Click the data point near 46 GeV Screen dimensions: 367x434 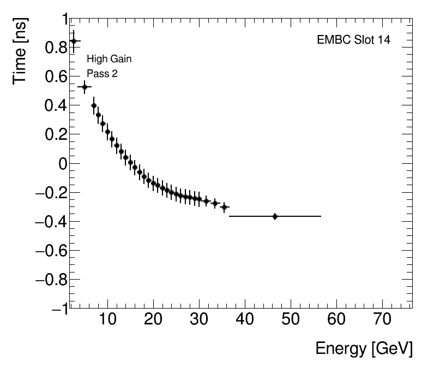click(275, 216)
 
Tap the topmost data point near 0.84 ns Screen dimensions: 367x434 click(74, 41)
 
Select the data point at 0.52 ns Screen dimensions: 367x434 click(85, 87)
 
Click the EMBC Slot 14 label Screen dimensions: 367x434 click(353, 40)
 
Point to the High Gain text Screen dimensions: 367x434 click(109, 59)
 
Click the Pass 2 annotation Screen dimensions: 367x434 click(102, 74)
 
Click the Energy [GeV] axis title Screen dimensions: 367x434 click(364, 348)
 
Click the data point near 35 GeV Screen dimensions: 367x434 click(224, 207)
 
